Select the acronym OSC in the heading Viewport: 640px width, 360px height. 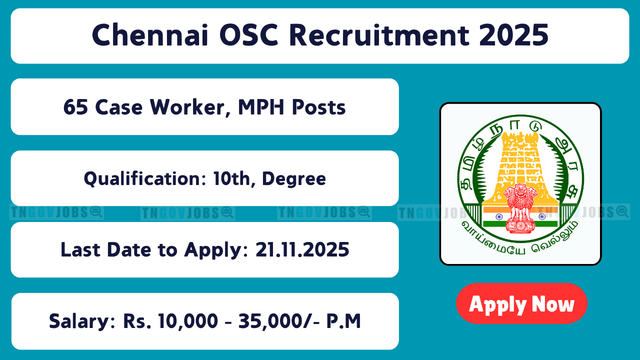(248, 35)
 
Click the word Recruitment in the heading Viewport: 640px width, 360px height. (379, 35)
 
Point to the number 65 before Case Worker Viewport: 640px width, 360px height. (75, 107)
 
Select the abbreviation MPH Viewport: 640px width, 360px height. (261, 107)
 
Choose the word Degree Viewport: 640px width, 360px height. (294, 179)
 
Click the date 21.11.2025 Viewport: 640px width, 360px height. (302, 249)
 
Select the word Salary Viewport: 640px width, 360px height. (82, 321)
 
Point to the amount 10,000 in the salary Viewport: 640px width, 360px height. (188, 321)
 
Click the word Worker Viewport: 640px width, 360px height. (191, 107)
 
